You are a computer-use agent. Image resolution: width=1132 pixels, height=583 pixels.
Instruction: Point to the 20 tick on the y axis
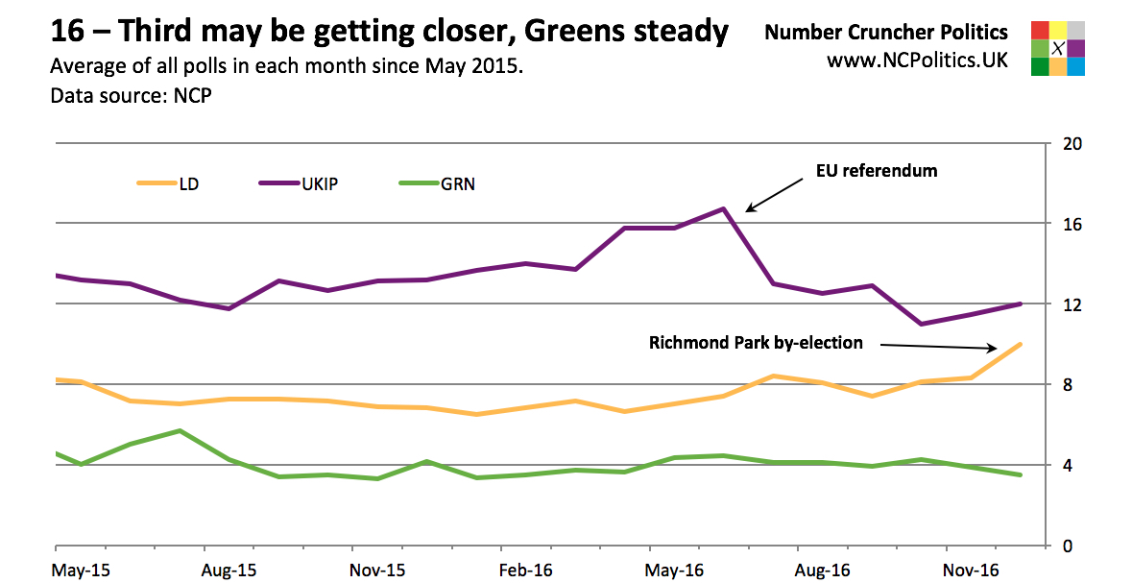pos(1073,144)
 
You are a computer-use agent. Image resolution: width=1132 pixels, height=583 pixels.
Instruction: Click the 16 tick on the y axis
pos(1073,224)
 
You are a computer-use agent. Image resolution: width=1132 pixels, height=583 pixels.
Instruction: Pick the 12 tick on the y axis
pos(1073,304)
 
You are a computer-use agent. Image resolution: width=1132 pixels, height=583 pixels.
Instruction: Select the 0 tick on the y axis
pos(1069,547)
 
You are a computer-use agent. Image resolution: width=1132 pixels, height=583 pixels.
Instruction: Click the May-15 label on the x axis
pos(81,569)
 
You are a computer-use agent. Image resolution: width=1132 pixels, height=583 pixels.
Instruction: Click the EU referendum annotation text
pos(876,172)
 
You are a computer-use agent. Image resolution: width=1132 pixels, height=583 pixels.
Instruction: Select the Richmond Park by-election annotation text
pos(756,343)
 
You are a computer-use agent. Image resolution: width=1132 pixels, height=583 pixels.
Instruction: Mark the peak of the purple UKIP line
pos(724,208)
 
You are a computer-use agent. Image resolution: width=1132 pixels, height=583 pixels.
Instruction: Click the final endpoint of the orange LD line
pos(1020,344)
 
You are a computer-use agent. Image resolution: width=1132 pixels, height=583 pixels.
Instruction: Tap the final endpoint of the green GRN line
pos(1020,474)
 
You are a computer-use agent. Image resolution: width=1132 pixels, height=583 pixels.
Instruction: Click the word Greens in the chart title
pos(591,33)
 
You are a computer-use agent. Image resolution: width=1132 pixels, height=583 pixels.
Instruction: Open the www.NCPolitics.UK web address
pos(917,60)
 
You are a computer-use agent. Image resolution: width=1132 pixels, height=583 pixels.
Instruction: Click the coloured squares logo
pos(1056,48)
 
